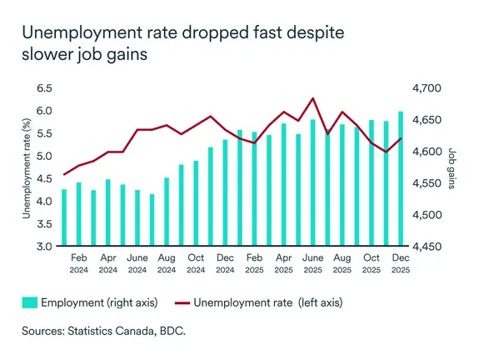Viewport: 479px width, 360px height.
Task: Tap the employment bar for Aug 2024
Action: (x=167, y=212)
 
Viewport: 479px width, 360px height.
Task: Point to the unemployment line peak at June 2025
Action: (x=312, y=98)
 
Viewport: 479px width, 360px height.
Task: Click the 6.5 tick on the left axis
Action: (x=42, y=87)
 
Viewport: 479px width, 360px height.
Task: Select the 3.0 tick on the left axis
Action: (x=42, y=247)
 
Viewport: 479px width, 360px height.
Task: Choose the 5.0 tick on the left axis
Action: (x=42, y=156)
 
